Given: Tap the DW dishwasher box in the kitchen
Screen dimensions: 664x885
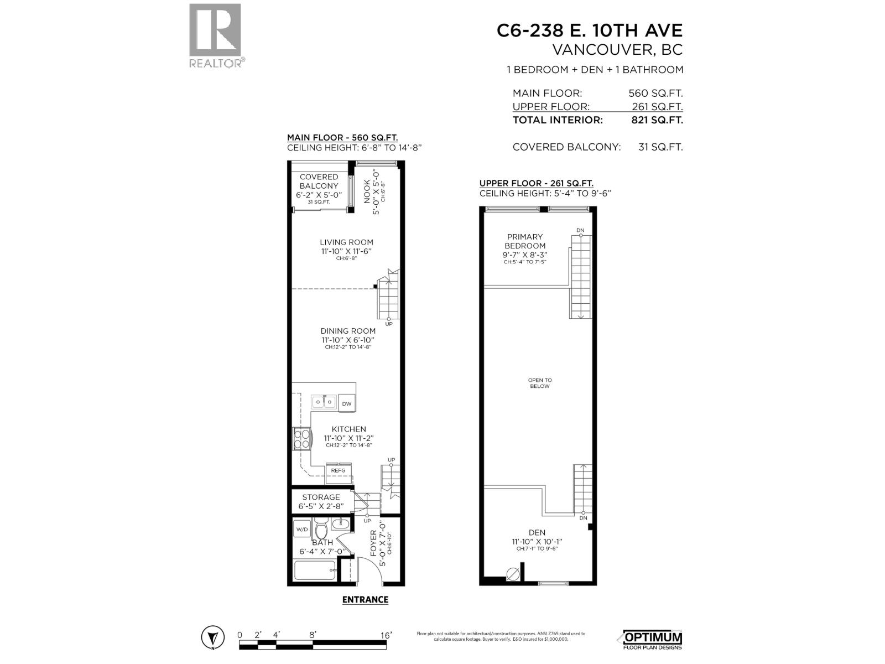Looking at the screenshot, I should point(347,403).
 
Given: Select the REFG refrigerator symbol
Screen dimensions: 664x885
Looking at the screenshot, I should point(338,470).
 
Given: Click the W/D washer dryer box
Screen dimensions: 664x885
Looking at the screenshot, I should point(302,530).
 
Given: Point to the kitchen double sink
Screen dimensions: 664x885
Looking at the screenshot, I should point(323,401).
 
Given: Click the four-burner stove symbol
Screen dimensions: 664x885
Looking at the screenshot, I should point(301,439).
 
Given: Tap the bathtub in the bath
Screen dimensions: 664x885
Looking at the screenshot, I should point(315,569).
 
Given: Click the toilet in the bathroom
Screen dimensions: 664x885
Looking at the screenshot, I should point(321,528).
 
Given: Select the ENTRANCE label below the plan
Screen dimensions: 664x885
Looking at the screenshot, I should point(365,599).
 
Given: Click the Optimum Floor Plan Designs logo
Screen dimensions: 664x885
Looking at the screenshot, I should point(653,640).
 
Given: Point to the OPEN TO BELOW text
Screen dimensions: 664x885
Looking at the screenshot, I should point(539,383).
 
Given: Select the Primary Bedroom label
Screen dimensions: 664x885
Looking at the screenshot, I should point(525,241).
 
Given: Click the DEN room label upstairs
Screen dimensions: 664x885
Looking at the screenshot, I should point(537,532).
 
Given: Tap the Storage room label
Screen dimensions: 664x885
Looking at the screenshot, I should point(321,497).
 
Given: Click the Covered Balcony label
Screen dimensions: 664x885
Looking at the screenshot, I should point(319,181).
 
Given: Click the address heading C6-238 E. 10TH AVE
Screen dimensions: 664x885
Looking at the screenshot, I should point(589,30).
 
